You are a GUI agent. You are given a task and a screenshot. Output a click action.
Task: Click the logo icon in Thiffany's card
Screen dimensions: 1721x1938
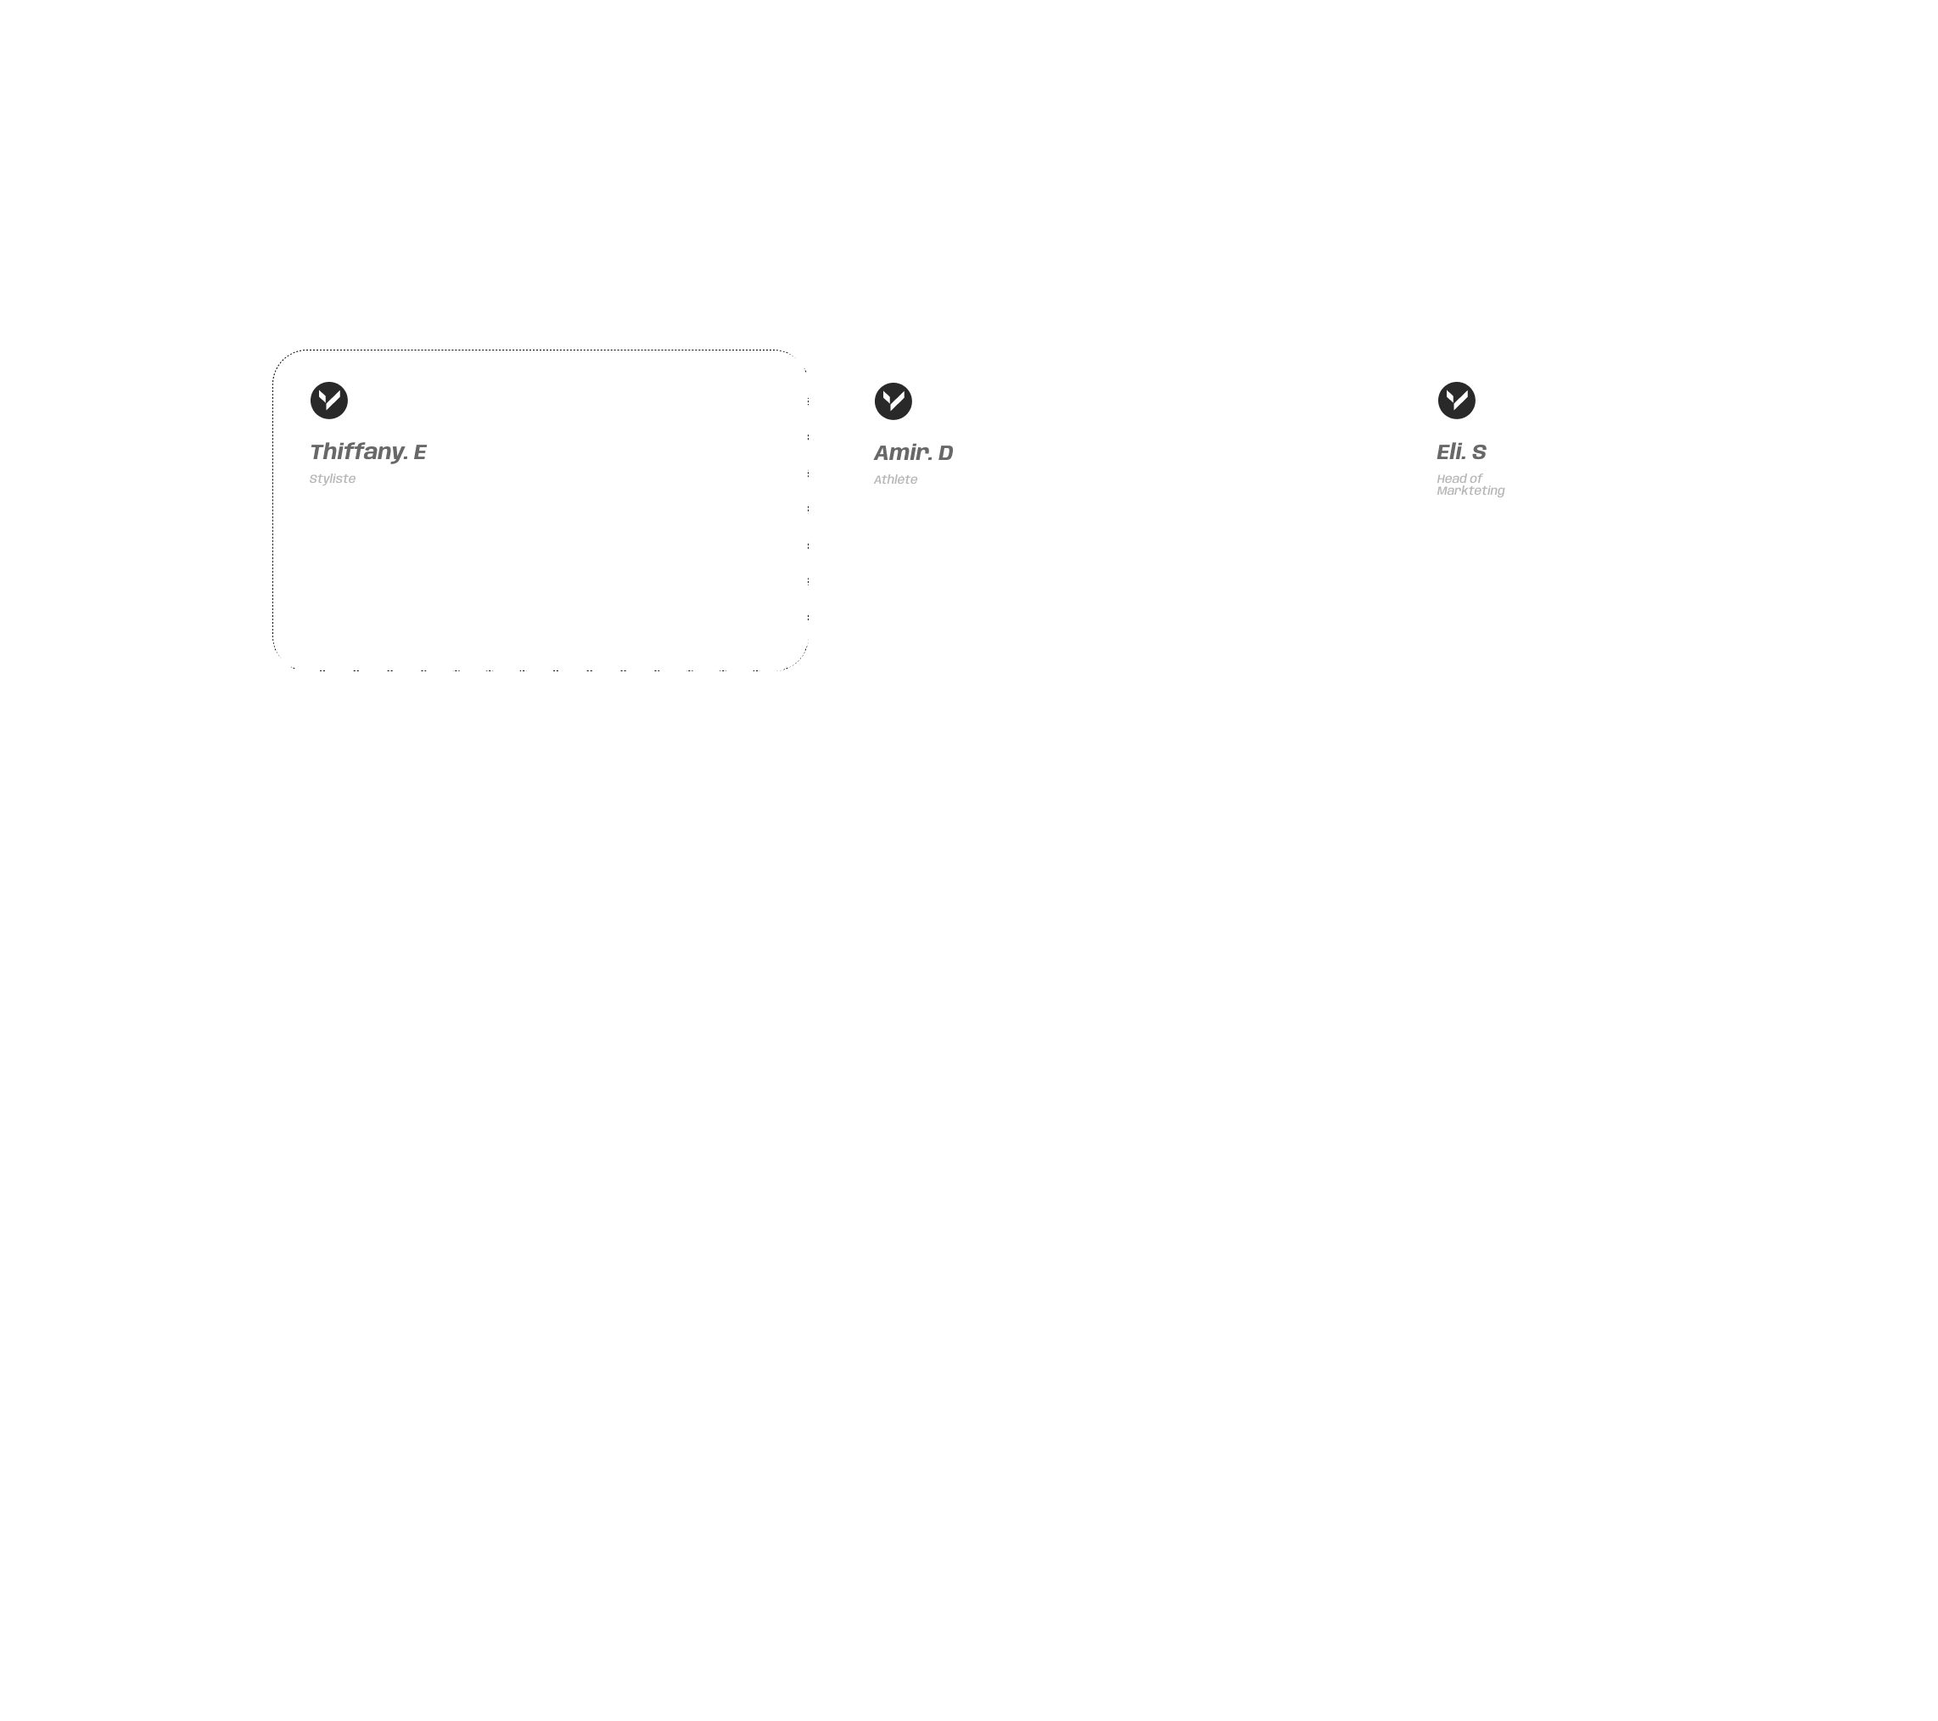pyautogui.click(x=329, y=401)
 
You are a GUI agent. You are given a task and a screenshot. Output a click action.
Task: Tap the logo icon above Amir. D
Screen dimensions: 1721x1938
pyautogui.click(x=893, y=401)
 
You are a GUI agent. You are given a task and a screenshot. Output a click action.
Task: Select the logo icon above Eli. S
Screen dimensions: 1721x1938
pyautogui.click(x=1456, y=401)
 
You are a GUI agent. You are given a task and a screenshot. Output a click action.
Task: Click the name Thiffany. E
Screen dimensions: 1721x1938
pyautogui.click(x=368, y=451)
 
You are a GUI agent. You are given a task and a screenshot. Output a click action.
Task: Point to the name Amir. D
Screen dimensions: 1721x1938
pyautogui.click(x=913, y=452)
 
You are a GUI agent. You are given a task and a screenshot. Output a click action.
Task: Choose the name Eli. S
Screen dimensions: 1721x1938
pyautogui.click(x=1461, y=451)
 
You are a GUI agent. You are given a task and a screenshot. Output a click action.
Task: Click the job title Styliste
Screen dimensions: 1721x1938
pyautogui.click(x=332, y=479)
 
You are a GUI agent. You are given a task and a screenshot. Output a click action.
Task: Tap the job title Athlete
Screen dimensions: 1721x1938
pyautogui.click(x=895, y=479)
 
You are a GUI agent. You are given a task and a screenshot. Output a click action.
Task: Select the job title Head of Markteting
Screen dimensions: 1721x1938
pyautogui.click(x=1470, y=485)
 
